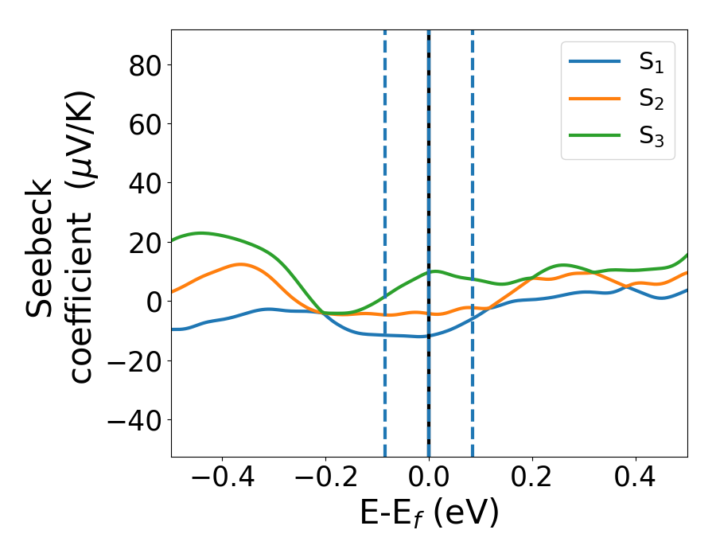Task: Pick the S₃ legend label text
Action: point(651,137)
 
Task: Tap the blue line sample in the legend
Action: point(595,62)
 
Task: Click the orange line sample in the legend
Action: point(595,99)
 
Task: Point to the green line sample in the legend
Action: point(595,135)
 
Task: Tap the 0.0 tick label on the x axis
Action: point(429,480)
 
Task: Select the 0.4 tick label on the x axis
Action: point(636,480)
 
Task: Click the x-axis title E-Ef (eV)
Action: point(430,514)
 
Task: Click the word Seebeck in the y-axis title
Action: point(42,248)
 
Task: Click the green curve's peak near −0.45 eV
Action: point(201,233)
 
